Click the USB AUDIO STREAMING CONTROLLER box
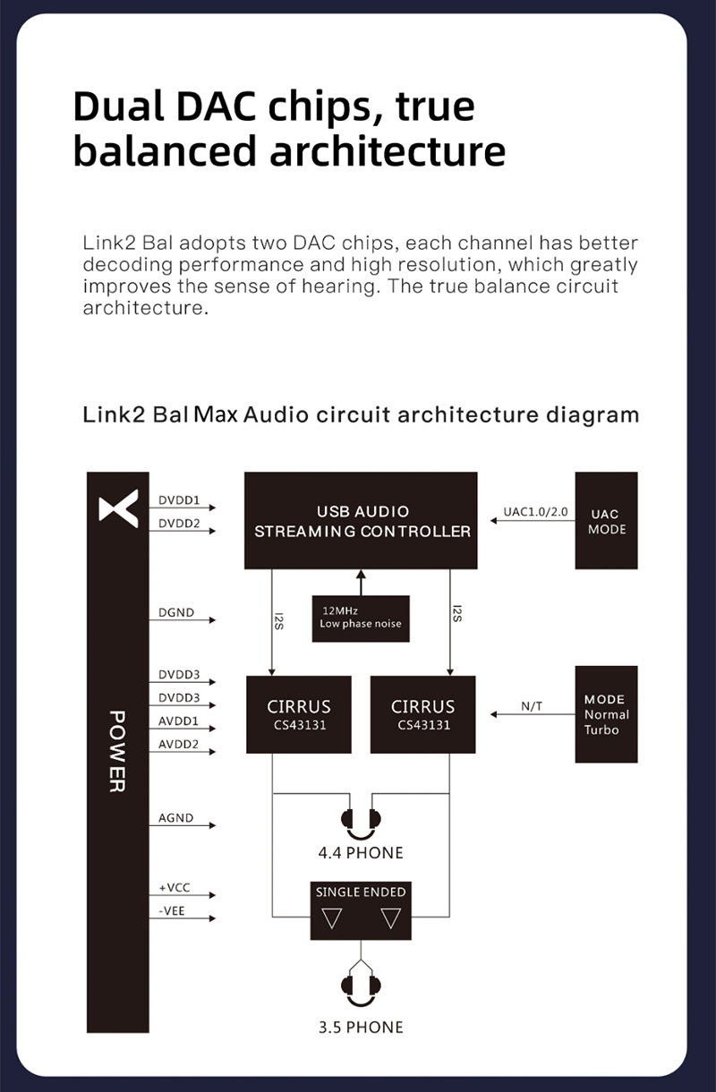tap(361, 521)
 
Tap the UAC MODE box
tap(607, 521)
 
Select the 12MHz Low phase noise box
tap(361, 618)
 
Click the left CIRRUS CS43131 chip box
tap(299, 714)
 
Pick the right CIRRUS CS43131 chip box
tap(422, 714)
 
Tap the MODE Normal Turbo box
tap(607, 714)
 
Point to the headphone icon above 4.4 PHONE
tap(361, 822)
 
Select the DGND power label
tap(175, 613)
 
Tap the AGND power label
tap(175, 818)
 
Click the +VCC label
tap(174, 888)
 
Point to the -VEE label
tap(173, 910)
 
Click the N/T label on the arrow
tap(531, 706)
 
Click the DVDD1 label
tap(179, 499)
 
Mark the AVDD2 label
tap(178, 744)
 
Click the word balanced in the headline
tap(165, 150)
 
